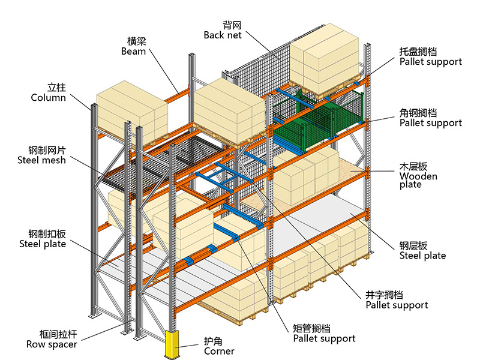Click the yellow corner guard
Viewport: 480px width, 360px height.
coord(173,344)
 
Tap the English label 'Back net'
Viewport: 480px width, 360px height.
coord(223,35)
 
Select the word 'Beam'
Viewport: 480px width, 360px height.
coord(133,51)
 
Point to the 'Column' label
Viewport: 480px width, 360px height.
coord(49,98)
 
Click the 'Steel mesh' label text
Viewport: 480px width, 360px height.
coord(41,160)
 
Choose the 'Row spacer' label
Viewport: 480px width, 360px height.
coord(52,344)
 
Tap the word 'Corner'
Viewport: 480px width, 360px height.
coord(219,351)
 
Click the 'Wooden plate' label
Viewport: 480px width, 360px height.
coord(418,181)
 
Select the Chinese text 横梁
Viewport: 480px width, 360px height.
coord(137,41)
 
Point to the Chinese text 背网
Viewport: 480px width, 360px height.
coord(232,25)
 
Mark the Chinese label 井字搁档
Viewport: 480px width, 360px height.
coord(384,295)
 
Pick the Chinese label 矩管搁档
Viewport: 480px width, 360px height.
coord(311,328)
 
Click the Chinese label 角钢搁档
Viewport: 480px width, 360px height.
coord(418,113)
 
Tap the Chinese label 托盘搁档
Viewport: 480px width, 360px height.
coord(418,52)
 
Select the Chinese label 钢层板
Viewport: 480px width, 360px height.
coord(413,245)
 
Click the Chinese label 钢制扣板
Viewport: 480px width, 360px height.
coord(47,234)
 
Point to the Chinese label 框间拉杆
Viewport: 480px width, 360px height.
coord(58,334)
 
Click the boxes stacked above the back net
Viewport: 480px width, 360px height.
coord(324,59)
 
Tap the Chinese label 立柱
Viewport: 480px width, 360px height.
coord(56,88)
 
